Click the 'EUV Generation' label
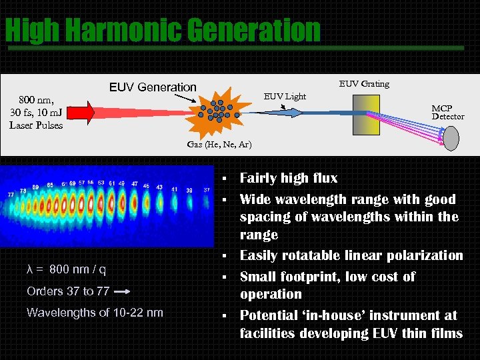click(x=153, y=87)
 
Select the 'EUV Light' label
click(x=285, y=96)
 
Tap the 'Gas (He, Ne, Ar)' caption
click(x=219, y=145)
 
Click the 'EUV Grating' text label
click(x=364, y=83)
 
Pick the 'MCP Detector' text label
click(x=447, y=112)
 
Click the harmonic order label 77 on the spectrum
click(x=11, y=194)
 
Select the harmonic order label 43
click(x=159, y=187)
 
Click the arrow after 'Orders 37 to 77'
click(x=121, y=291)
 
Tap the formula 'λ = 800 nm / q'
click(x=66, y=269)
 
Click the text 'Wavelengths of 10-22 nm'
click(x=95, y=313)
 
